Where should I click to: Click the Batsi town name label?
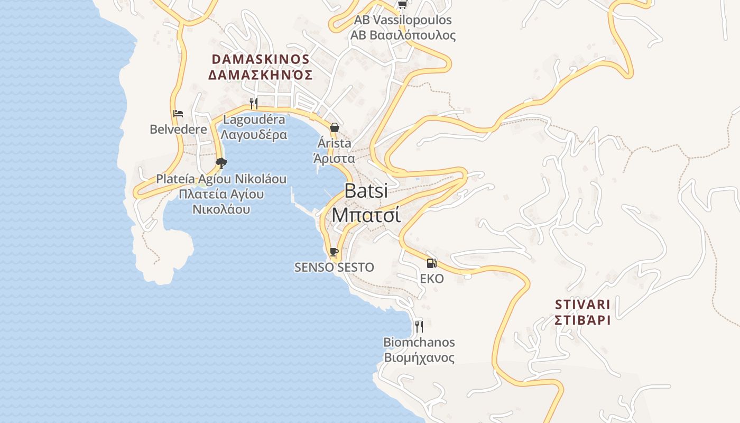(x=366, y=191)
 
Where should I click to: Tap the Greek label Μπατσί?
(x=366, y=215)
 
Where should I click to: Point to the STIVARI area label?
(x=582, y=305)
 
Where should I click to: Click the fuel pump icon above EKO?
(x=431, y=263)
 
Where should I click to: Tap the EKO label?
(x=432, y=279)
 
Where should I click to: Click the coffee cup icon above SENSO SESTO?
(x=334, y=251)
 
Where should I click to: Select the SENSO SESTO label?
(x=334, y=268)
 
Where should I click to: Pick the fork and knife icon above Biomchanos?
(x=419, y=326)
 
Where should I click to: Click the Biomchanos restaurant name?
(x=419, y=343)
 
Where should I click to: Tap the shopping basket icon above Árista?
(x=334, y=127)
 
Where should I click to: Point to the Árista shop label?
(x=334, y=143)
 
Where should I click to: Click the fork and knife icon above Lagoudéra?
(x=254, y=103)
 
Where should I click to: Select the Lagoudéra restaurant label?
(x=254, y=119)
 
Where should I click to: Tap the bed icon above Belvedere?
(x=178, y=114)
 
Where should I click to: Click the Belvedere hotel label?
(x=178, y=130)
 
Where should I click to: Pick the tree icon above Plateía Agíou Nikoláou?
(x=221, y=163)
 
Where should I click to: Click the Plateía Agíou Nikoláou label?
(x=221, y=179)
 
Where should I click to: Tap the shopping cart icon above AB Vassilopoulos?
(x=402, y=4)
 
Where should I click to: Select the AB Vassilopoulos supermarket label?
(x=403, y=21)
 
